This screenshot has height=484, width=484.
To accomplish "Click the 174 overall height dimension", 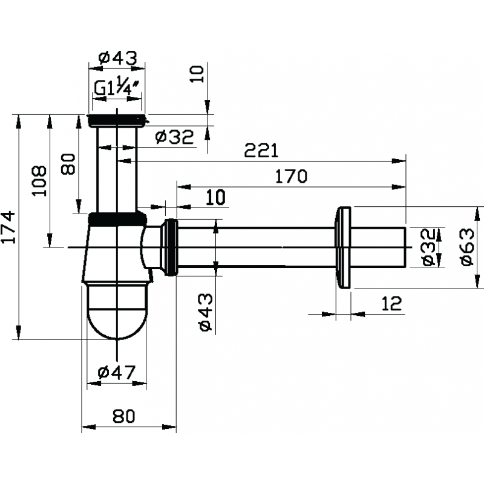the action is click(x=8, y=227).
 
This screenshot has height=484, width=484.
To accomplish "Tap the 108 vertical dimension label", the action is click(x=39, y=180).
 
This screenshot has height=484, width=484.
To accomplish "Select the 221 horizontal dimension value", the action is click(x=261, y=150).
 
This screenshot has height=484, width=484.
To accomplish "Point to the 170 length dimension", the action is click(x=291, y=176).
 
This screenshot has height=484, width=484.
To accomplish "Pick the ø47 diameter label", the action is click(x=117, y=373).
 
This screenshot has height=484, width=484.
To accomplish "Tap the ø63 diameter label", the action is click(x=467, y=247).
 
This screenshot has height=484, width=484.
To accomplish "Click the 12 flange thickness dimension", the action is click(x=391, y=304).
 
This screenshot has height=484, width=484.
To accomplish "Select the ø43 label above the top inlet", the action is click(x=117, y=57).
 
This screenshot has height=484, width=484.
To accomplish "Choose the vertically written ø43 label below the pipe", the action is click(x=206, y=312).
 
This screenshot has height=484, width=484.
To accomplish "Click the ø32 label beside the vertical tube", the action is click(x=174, y=137).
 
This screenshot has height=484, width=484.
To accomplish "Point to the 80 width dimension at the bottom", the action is click(x=124, y=416).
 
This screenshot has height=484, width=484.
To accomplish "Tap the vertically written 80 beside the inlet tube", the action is click(x=68, y=164).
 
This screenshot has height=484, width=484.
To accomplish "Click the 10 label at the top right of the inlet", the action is click(x=197, y=74).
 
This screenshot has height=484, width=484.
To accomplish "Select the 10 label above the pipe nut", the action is click(x=216, y=198).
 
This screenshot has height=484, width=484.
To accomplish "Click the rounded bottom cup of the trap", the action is click(x=117, y=311).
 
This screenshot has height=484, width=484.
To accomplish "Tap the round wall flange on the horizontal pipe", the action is click(x=344, y=247).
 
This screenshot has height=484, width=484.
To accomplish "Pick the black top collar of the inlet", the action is click(x=117, y=120).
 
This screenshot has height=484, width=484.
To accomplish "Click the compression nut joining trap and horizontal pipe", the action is click(x=171, y=247).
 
